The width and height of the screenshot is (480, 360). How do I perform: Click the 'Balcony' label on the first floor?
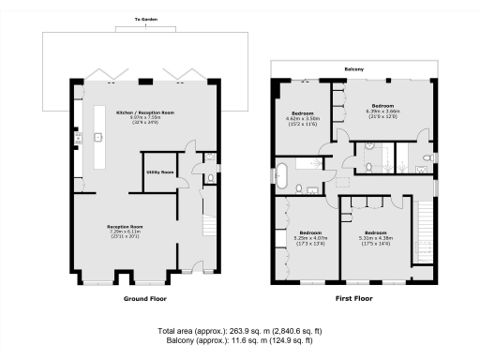point(355,67)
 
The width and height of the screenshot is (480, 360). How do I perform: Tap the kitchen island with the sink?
point(97,141)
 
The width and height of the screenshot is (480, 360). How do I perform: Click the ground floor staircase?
point(210,225)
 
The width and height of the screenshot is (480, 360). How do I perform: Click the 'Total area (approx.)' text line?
point(240,331)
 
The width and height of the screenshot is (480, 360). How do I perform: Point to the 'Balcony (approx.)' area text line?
point(240,343)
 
